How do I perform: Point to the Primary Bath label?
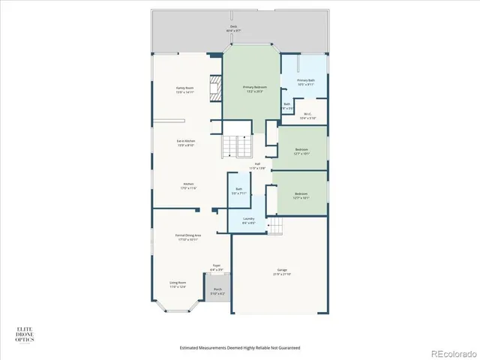pyautogui.click(x=306, y=82)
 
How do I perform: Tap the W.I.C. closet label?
pyautogui.click(x=307, y=116)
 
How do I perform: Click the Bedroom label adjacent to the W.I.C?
pyautogui.click(x=301, y=151)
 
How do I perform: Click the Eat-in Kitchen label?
pyautogui.click(x=186, y=142)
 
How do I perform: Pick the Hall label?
pyautogui.click(x=257, y=166)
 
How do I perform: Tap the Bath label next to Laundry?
pyautogui.click(x=238, y=190)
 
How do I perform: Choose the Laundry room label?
pyautogui.click(x=249, y=220)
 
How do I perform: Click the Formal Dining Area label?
pyautogui.click(x=187, y=237)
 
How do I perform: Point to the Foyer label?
pyautogui.click(x=217, y=267)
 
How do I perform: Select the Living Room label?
pyautogui.click(x=178, y=285)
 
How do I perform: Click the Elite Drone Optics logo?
pyautogui.click(x=25, y=335)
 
